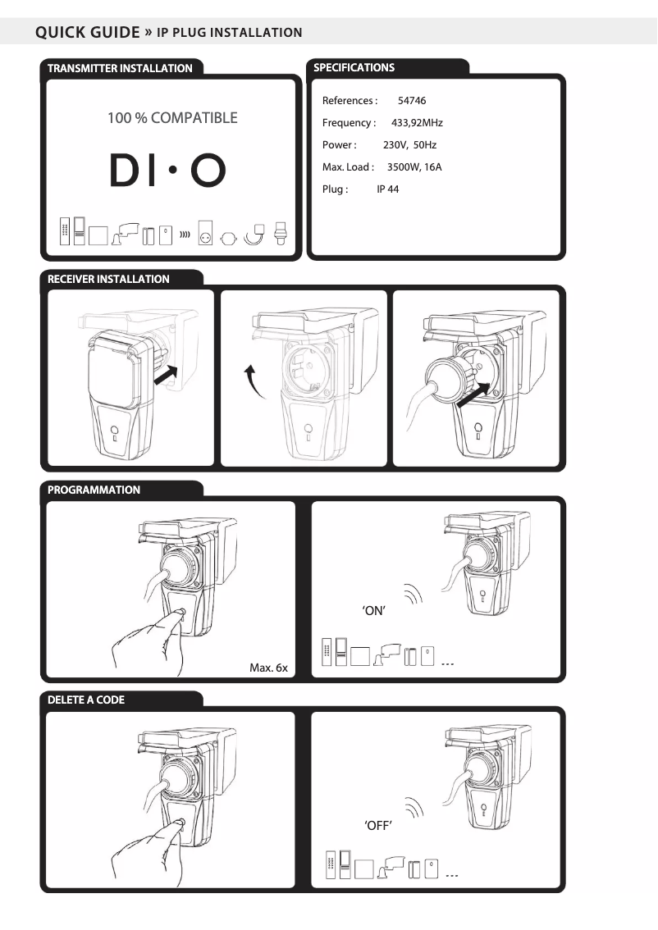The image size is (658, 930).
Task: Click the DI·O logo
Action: pyautogui.click(x=168, y=171)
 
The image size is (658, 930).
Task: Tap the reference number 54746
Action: pyautogui.click(x=412, y=101)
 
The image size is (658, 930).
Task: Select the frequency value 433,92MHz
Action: pyautogui.click(x=417, y=123)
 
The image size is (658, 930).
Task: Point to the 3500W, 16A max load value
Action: pyautogui.click(x=414, y=167)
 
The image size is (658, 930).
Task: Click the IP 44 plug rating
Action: pyautogui.click(x=387, y=189)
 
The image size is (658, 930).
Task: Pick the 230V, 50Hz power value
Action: pyautogui.click(x=409, y=144)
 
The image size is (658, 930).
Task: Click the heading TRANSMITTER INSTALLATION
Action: pyautogui.click(x=120, y=68)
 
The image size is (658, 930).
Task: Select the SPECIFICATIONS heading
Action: pyautogui.click(x=354, y=67)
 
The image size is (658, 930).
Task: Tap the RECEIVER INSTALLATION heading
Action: pyautogui.click(x=108, y=279)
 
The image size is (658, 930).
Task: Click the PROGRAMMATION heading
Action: pyautogui.click(x=94, y=490)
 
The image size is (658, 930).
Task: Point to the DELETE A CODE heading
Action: pyautogui.click(x=86, y=700)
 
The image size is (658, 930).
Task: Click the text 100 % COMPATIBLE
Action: pyautogui.click(x=172, y=118)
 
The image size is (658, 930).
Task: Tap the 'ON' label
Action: pyautogui.click(x=374, y=610)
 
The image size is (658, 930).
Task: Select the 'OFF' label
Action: pyautogui.click(x=378, y=825)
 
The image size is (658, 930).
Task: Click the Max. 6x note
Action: pyautogui.click(x=268, y=668)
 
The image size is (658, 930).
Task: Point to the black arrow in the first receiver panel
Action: pyautogui.click(x=166, y=375)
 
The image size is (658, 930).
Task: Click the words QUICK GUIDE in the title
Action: pyautogui.click(x=87, y=32)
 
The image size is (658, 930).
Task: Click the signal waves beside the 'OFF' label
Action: pyautogui.click(x=414, y=808)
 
